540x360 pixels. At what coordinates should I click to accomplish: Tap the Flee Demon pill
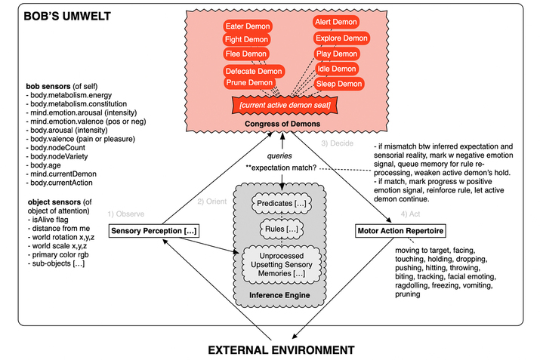[x=245, y=54]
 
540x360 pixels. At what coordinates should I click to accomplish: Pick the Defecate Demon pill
[x=253, y=72]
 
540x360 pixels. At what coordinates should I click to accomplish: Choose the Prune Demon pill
[x=248, y=83]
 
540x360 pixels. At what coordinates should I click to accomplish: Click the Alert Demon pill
[x=336, y=23]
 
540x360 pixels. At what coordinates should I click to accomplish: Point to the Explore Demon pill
[x=341, y=38]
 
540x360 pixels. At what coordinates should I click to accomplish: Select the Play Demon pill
[x=336, y=54]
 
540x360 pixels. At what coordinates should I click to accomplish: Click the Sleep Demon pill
[x=339, y=84]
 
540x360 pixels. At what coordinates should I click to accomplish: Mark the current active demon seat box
[x=284, y=103]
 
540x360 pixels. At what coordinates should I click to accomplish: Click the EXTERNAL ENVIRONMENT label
[x=280, y=350]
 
